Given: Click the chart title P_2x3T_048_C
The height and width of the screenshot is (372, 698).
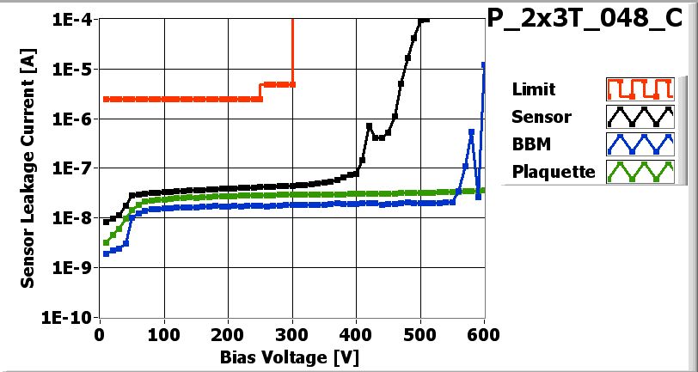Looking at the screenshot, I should [591, 20].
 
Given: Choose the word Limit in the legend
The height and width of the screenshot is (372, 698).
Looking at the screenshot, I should [533, 89].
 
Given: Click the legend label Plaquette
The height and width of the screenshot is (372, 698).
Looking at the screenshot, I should [554, 172].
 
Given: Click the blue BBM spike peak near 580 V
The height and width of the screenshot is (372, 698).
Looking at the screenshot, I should [471, 131].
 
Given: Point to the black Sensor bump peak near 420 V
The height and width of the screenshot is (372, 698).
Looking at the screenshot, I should [369, 126].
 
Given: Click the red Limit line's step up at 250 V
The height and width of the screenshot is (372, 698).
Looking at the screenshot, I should [260, 91].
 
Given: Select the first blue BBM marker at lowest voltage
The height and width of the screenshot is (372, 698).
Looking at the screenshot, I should [106, 253].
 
